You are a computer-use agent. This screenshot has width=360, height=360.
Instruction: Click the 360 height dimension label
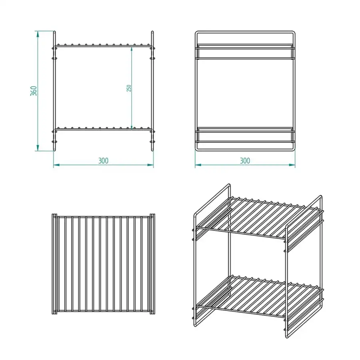[34, 91]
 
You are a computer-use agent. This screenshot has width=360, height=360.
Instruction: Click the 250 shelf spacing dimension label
[129, 88]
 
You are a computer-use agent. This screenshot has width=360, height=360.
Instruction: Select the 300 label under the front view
[103, 161]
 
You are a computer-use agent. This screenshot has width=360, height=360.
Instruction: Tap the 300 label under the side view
[245, 161]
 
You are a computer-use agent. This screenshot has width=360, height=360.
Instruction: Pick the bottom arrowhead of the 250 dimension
[131, 126]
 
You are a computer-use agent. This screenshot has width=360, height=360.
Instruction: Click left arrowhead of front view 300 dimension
[56, 165]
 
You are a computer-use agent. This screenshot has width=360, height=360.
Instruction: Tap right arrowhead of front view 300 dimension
[150, 165]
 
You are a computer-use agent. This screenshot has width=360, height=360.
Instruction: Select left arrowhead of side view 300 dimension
[198, 165]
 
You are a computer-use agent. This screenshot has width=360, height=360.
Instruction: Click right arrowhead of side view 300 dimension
[292, 165]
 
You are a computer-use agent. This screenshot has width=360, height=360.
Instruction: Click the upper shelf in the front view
[103, 46]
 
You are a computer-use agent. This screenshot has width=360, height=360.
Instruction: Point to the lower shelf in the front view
[103, 130]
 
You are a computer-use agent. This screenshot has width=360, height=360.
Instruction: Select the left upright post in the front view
[54, 91]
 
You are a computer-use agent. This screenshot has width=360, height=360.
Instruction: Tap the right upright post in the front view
[152, 91]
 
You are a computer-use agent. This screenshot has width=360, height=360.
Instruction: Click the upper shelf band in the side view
[245, 52]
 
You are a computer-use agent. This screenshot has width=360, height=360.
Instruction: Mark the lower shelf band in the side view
[245, 135]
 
